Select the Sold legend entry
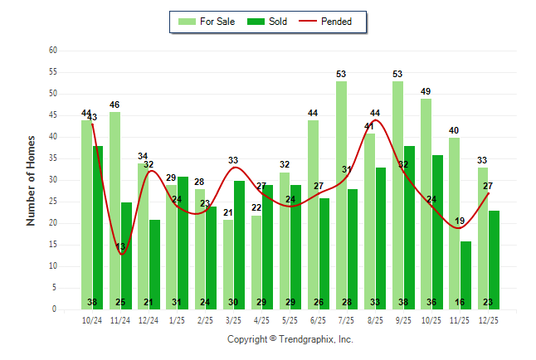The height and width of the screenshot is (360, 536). [270, 22]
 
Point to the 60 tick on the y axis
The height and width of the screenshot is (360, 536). [53, 51]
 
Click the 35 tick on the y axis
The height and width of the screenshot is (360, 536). [53, 158]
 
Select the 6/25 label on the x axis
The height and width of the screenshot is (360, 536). [319, 319]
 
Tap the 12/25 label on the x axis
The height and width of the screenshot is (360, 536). [489, 319]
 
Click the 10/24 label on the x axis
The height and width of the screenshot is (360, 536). [92, 319]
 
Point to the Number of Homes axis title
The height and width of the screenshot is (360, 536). [32, 180]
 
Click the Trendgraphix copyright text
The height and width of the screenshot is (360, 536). [290, 339]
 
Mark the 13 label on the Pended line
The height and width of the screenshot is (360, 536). [121, 246]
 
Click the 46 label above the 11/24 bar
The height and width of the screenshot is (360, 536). [115, 105]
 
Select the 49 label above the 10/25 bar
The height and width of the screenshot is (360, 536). [426, 91]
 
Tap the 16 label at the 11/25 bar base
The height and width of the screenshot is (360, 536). [465, 302]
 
